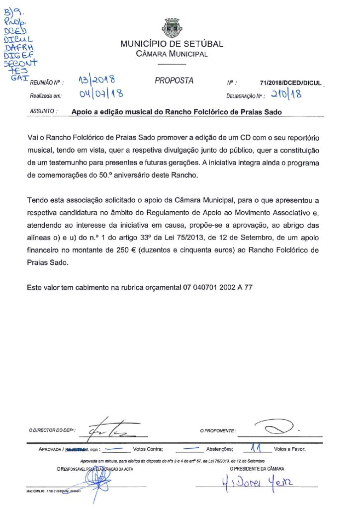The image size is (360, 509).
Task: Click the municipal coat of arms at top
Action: point(172,28)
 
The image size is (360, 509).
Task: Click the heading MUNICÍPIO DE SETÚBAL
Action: point(172,44)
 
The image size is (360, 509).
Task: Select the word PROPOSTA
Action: point(174,81)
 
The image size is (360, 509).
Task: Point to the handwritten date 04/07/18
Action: point(101,93)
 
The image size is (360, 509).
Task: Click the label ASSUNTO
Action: point(44,112)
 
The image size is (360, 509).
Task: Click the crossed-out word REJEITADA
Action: point(77,449)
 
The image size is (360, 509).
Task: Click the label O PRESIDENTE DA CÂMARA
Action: point(257,469)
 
